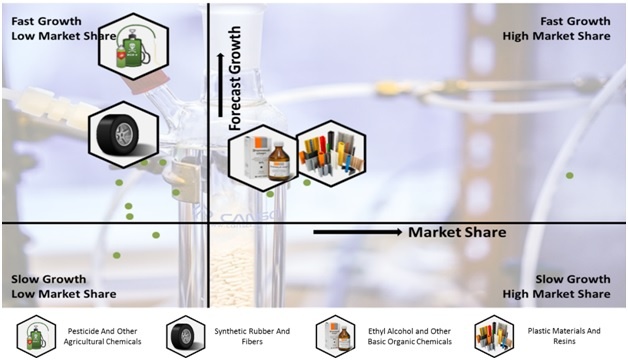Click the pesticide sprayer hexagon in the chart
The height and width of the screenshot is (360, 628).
133,46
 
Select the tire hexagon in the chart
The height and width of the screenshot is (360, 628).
123,135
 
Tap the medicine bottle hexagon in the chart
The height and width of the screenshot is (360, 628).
263,157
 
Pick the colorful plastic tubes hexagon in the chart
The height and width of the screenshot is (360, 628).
331,153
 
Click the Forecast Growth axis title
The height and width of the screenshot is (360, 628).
235,78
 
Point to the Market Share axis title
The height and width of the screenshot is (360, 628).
457,232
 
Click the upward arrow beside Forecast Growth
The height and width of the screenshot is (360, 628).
220,85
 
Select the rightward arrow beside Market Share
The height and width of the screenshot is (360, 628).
358,232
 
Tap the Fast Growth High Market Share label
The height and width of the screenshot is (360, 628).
556,28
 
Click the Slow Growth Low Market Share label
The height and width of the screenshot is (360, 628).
64,286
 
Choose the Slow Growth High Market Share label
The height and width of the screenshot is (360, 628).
556,286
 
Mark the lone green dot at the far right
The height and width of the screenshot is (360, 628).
570,175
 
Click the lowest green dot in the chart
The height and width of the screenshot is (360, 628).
117,255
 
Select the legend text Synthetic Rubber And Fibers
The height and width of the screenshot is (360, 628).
252,336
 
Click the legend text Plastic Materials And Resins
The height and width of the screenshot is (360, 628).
564,336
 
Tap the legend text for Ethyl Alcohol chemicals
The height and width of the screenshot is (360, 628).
409,336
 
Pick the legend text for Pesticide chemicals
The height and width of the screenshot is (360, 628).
102,336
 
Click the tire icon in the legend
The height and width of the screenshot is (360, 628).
185,336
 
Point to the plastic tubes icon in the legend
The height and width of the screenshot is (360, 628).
494,336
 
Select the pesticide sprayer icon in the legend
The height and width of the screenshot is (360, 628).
36,336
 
